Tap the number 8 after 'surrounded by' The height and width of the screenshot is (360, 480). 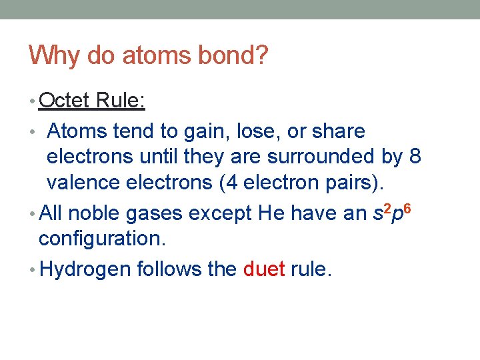415,157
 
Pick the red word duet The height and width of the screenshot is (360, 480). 264,269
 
